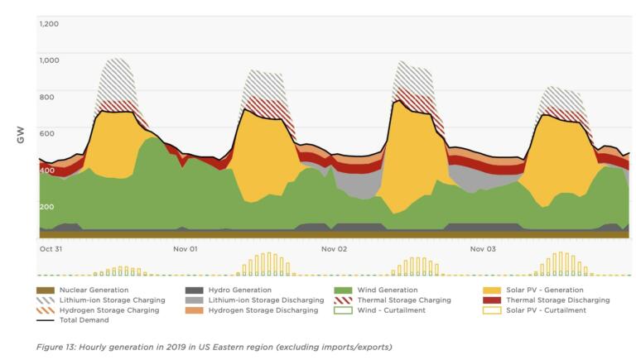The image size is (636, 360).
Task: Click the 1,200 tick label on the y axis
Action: click(49, 23)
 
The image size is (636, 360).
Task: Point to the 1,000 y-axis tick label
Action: click(49, 60)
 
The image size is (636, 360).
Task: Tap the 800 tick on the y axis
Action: click(46, 97)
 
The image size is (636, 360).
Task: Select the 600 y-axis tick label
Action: click(46, 133)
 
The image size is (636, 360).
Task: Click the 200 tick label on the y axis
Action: click(46, 207)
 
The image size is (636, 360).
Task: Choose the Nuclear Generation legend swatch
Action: click(46, 290)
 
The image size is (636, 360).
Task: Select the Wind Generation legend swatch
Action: click(343, 290)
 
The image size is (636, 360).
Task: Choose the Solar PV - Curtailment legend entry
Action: click(546, 310)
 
